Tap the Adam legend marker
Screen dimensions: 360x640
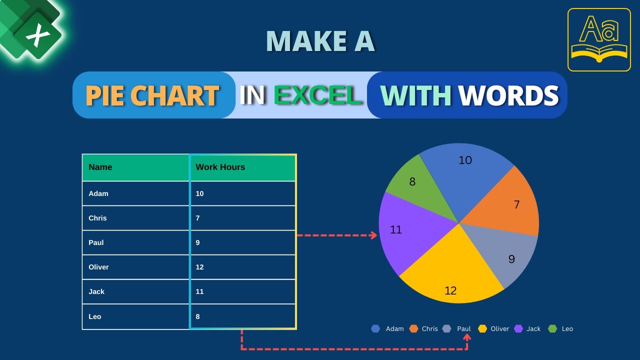click(376, 328)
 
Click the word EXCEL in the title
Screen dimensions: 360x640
click(318, 95)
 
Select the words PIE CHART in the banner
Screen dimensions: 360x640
click(152, 95)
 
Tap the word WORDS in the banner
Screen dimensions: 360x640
click(508, 95)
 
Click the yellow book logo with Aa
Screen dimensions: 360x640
click(599, 40)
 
